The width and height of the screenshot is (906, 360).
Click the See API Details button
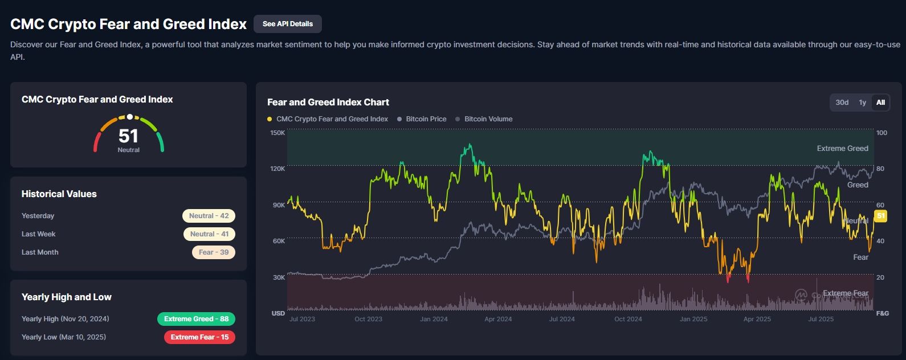287,24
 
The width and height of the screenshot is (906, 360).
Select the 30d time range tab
842,103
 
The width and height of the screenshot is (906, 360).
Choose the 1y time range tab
862,103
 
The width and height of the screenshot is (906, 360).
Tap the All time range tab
880,103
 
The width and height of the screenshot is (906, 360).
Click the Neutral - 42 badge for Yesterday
209,216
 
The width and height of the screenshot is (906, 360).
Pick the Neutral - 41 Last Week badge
209,234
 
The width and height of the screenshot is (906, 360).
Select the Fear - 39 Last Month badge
213,252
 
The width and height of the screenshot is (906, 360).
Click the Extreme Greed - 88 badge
196,319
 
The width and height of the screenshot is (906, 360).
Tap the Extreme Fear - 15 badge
199,337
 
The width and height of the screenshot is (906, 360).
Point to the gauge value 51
128,136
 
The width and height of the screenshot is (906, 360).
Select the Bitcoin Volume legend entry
488,119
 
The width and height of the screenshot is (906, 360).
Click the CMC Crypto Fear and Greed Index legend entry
332,119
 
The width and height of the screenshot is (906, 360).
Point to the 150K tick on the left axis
277,133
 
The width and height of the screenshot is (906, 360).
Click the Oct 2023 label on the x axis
368,319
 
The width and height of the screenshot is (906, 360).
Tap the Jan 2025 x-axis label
693,319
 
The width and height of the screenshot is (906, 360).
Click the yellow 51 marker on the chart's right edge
880,216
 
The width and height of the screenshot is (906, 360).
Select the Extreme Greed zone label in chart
842,149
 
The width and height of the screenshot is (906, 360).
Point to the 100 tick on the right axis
881,133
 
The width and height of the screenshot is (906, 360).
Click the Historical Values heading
59,194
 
